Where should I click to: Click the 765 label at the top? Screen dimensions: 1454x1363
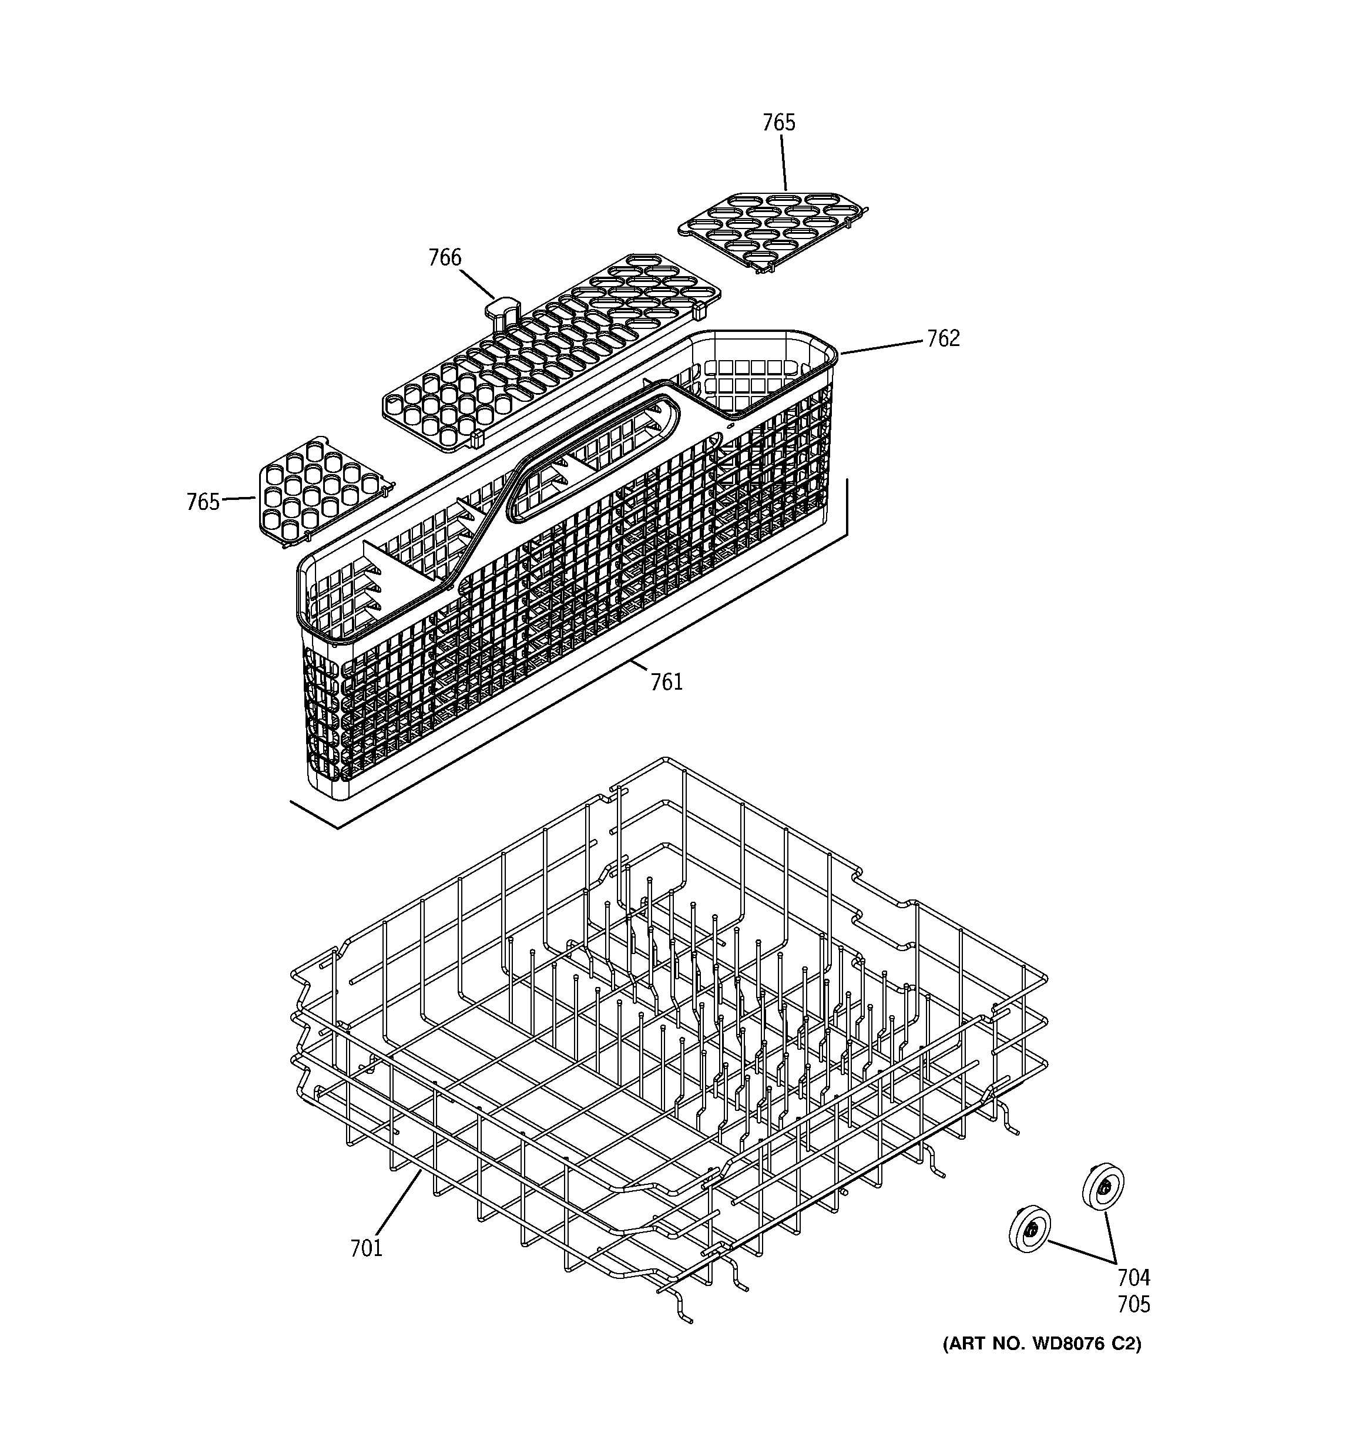[778, 123]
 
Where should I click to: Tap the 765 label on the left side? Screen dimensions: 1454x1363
[203, 502]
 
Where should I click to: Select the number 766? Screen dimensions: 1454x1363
[445, 258]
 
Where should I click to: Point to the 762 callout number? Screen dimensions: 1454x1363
[943, 338]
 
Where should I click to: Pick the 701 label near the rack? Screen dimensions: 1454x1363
[367, 1248]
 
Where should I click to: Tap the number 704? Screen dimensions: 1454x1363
[1133, 1278]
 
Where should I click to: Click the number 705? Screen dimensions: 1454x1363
[1133, 1304]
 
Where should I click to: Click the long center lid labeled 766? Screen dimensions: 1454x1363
[549, 351]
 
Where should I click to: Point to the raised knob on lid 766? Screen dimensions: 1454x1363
[502, 307]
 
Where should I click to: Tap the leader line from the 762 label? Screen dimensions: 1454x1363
[882, 347]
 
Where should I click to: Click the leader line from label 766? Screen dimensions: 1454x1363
[478, 284]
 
